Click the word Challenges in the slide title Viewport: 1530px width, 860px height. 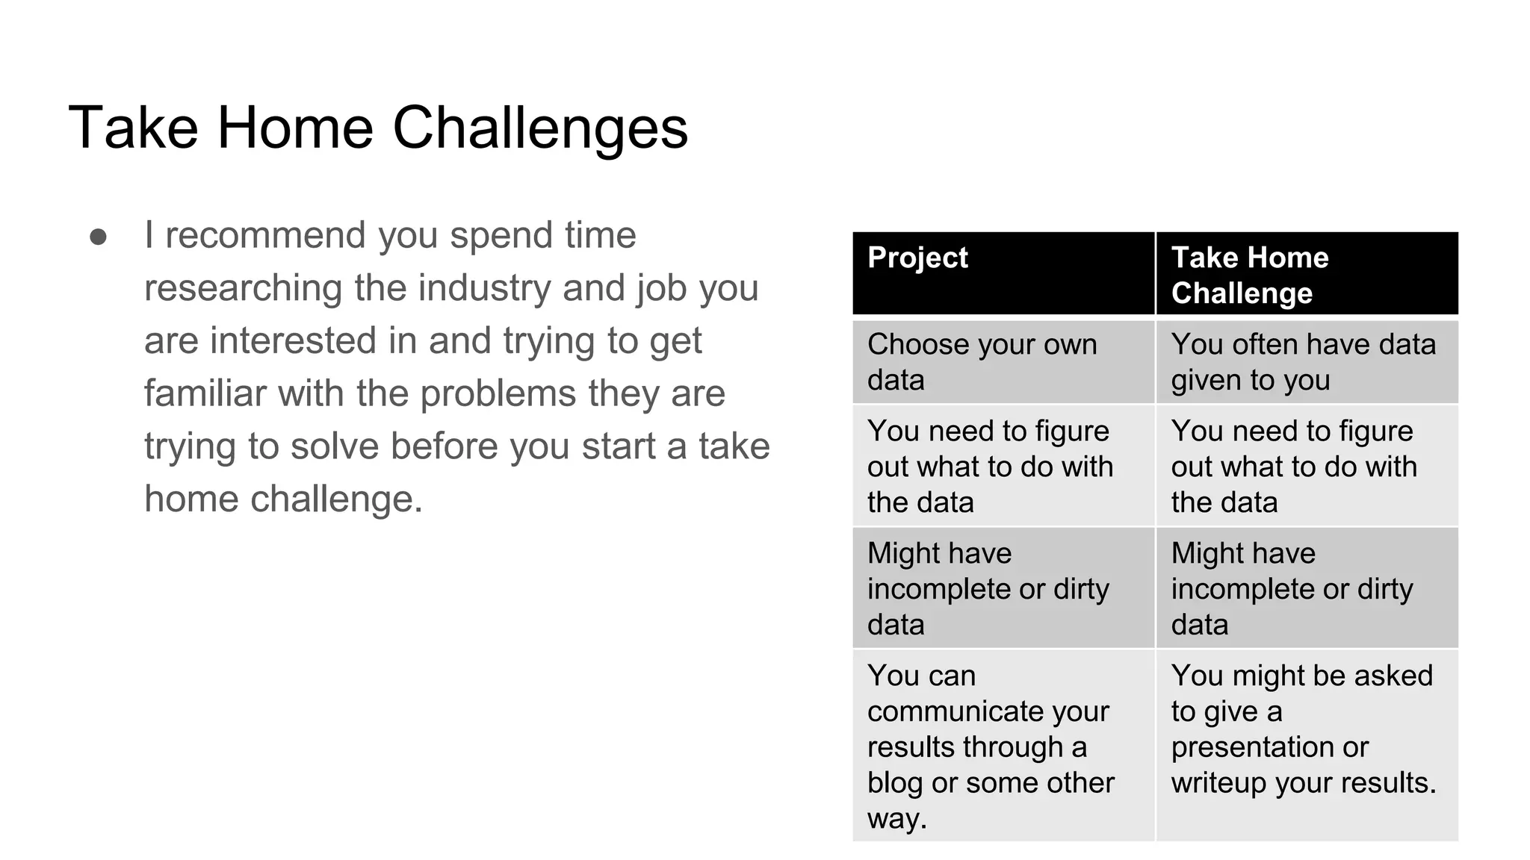539,128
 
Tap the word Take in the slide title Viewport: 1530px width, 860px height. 133,128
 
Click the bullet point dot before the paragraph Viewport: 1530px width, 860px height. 98,237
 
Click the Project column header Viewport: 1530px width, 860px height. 917,258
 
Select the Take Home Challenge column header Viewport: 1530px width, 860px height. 1249,275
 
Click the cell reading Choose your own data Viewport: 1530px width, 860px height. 982,362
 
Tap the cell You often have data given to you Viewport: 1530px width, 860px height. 1303,362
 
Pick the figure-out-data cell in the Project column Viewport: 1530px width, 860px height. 990,467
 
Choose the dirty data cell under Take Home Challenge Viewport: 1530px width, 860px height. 1292,589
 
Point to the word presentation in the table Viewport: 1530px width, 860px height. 1269,747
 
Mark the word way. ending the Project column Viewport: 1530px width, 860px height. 896,819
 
